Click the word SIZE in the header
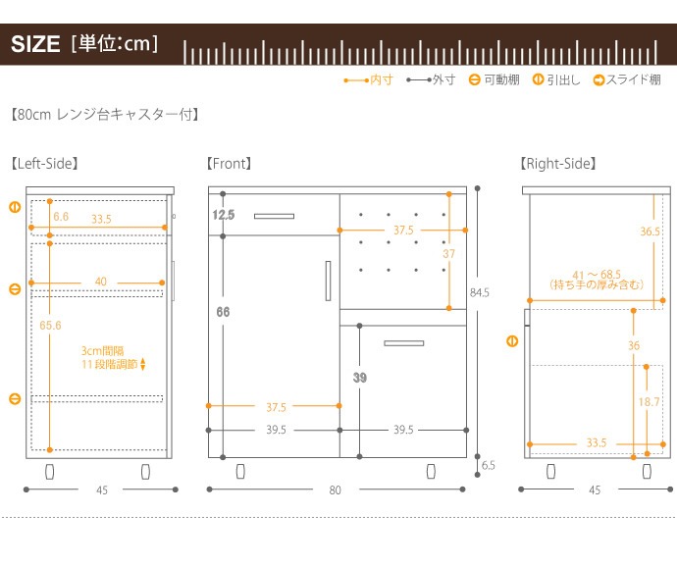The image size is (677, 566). (x=36, y=46)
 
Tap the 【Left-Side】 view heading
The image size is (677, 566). (x=45, y=164)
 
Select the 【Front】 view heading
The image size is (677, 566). (x=230, y=164)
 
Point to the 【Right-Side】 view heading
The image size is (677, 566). (x=558, y=164)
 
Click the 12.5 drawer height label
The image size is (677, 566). (x=223, y=214)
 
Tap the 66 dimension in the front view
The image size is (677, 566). (x=223, y=312)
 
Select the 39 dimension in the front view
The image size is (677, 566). (x=359, y=377)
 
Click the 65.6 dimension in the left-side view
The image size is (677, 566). (x=50, y=325)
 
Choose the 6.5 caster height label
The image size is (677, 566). (x=488, y=466)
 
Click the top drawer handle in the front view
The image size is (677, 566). (x=274, y=215)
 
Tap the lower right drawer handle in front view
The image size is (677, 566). (x=403, y=342)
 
